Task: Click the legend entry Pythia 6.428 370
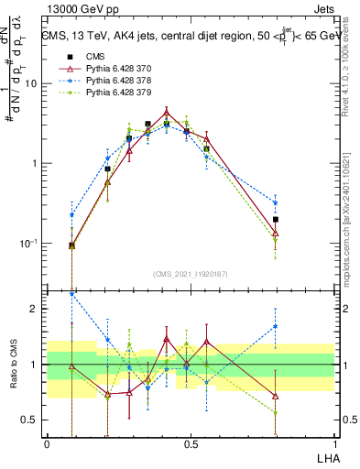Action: pyautogui.click(x=104, y=68)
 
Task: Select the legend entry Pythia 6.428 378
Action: pyautogui.click(x=104, y=80)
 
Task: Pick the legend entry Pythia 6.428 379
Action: pyautogui.click(x=104, y=92)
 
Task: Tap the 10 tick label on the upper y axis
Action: pyautogui.click(x=30, y=83)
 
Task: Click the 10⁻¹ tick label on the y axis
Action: pyautogui.click(x=27, y=244)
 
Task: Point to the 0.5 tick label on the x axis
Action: pyautogui.click(x=191, y=442)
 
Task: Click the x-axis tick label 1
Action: pyautogui.click(x=334, y=442)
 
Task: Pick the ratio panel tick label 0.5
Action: pyautogui.click(x=29, y=420)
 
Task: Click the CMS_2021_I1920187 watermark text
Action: pyautogui.click(x=191, y=273)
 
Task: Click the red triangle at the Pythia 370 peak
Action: pyautogui.click(x=166, y=114)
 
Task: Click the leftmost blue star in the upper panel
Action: pyautogui.click(x=72, y=215)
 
